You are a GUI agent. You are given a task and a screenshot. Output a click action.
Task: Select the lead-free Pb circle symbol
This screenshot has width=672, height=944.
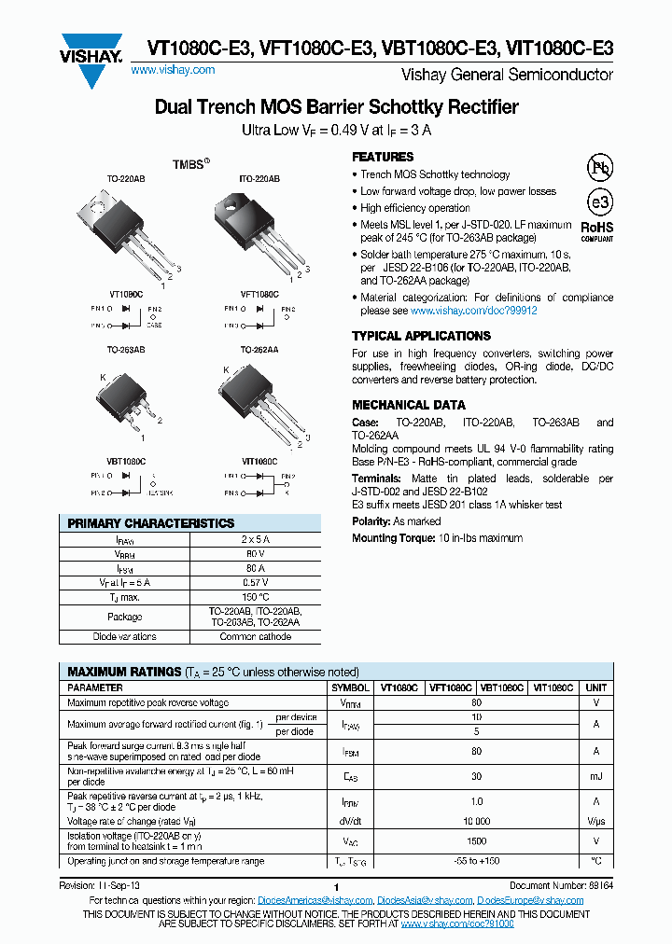click(597, 168)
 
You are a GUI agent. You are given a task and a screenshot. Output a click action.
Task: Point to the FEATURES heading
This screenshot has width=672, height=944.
click(383, 157)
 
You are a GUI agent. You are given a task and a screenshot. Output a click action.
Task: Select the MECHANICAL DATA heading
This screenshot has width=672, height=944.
click(408, 406)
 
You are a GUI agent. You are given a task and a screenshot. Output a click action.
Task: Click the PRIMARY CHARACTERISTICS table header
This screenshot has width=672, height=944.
click(151, 523)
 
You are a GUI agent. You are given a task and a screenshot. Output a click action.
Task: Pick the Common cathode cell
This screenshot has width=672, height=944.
click(255, 636)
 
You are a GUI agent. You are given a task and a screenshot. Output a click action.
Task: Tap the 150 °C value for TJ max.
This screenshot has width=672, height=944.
click(255, 597)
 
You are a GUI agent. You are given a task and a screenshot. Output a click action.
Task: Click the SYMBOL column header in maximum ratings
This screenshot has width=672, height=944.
click(350, 687)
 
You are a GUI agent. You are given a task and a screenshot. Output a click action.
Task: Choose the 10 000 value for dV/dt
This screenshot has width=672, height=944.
click(476, 822)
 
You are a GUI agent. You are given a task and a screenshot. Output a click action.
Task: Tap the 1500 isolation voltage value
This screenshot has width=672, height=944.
click(476, 840)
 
